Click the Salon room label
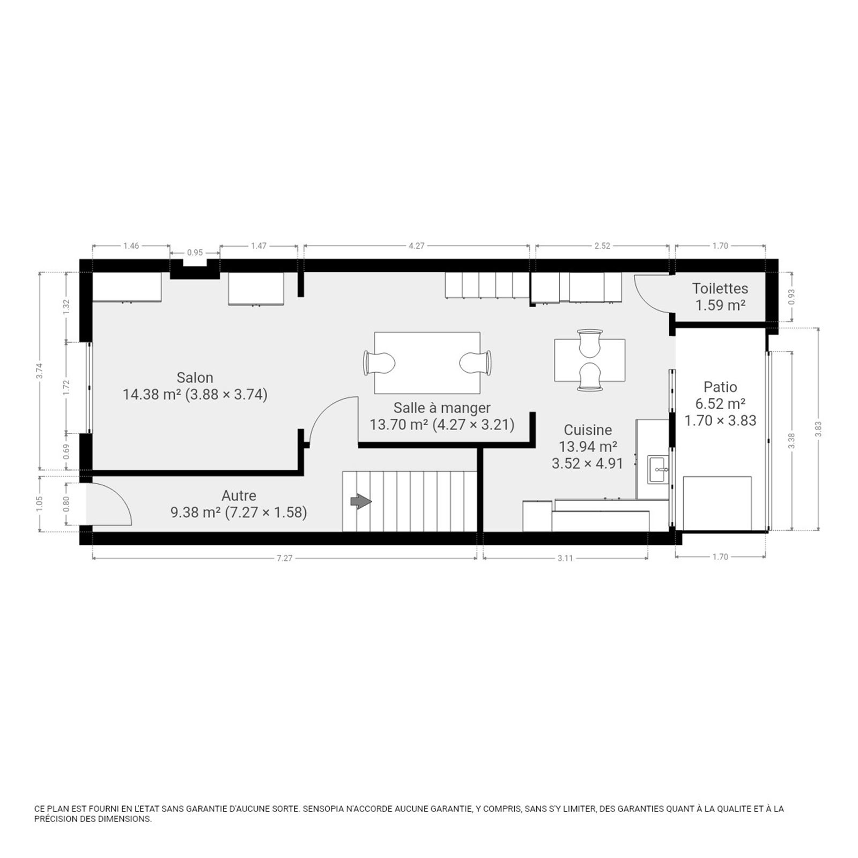click(195, 378)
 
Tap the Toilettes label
click(720, 289)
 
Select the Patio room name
click(720, 387)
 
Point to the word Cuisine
click(588, 430)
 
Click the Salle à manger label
click(442, 408)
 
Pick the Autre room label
click(239, 495)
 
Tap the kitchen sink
click(658, 470)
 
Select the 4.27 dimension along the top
click(416, 246)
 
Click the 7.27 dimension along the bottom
click(284, 558)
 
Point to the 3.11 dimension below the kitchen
click(565, 558)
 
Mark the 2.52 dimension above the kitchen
click(602, 246)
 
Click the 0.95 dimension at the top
click(195, 253)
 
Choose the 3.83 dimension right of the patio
click(818, 429)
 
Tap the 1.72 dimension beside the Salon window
click(66, 387)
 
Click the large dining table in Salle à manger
click(427, 363)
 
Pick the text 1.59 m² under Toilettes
click(720, 305)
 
